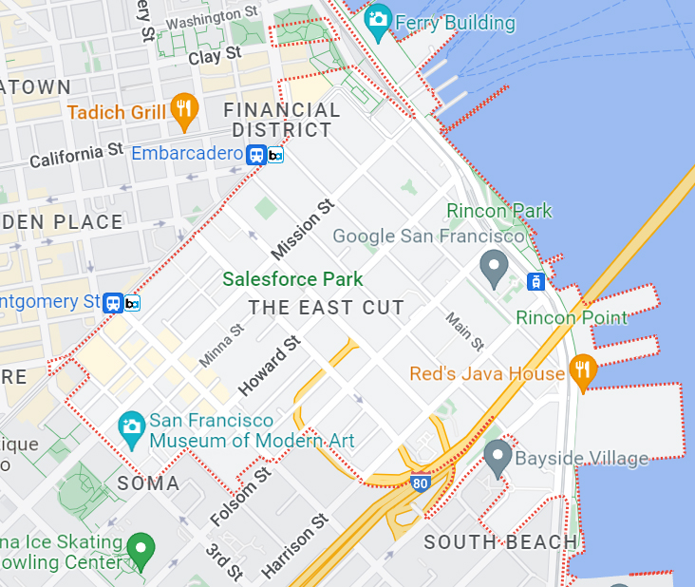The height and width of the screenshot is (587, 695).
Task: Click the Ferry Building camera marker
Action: [x=378, y=19]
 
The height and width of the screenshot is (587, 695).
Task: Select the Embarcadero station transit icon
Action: [x=255, y=155]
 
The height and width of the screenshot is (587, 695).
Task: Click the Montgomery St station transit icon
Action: [x=113, y=303]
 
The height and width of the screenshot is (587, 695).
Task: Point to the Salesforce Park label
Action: [x=292, y=279]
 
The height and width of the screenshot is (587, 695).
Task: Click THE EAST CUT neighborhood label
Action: [x=327, y=308]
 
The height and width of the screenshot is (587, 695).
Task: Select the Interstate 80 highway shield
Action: [x=421, y=483]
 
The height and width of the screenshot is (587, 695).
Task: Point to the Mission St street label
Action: [x=303, y=230]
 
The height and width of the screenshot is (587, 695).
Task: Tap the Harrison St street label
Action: [x=294, y=546]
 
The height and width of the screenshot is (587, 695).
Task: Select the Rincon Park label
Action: [x=498, y=211]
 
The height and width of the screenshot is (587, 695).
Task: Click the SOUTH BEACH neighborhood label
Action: [x=500, y=542]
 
